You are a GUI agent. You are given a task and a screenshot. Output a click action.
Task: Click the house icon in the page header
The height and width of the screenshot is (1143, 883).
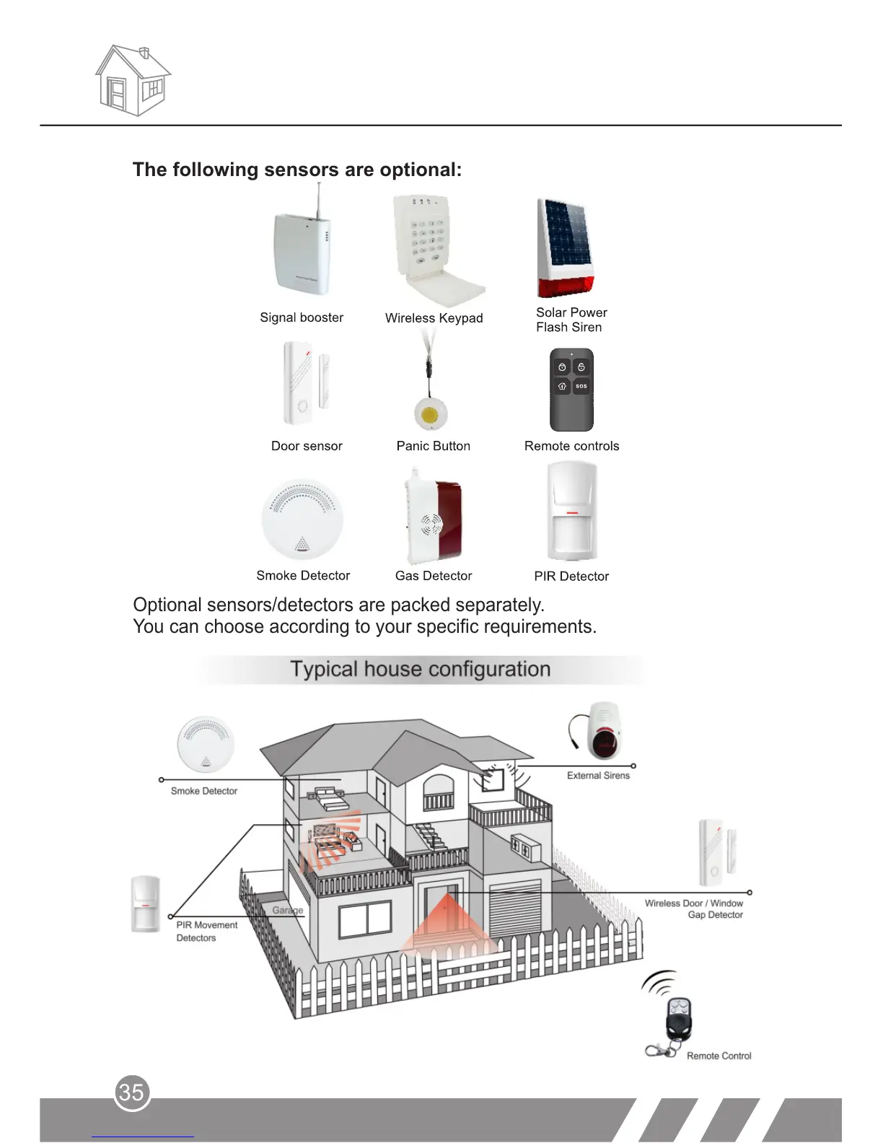(x=133, y=80)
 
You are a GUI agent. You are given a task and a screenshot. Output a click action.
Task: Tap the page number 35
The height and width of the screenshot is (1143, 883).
(x=131, y=1092)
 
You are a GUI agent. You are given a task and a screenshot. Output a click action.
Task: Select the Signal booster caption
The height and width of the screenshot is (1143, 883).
(x=302, y=317)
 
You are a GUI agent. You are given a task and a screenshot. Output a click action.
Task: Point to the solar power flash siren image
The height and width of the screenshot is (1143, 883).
(x=566, y=248)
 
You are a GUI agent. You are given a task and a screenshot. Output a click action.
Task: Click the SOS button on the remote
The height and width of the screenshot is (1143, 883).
(x=581, y=386)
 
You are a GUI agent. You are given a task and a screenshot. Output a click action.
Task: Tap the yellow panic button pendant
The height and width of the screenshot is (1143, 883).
(x=431, y=415)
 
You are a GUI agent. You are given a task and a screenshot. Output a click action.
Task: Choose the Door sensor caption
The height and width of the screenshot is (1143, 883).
(x=307, y=446)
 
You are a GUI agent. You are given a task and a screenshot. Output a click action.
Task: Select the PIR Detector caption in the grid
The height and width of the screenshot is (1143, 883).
(x=571, y=577)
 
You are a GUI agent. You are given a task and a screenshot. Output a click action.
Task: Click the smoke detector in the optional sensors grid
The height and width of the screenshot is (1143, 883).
(x=302, y=519)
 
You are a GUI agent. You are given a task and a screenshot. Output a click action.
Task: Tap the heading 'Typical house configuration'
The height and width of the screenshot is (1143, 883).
(x=420, y=669)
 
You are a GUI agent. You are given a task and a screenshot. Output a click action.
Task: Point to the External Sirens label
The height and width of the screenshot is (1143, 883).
(x=598, y=776)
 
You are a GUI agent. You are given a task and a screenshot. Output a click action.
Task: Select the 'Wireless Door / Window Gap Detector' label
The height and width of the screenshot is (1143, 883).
(x=694, y=909)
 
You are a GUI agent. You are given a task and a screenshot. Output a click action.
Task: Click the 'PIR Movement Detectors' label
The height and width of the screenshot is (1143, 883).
(x=206, y=932)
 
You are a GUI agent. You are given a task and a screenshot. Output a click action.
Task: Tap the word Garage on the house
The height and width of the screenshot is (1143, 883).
(x=288, y=910)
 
